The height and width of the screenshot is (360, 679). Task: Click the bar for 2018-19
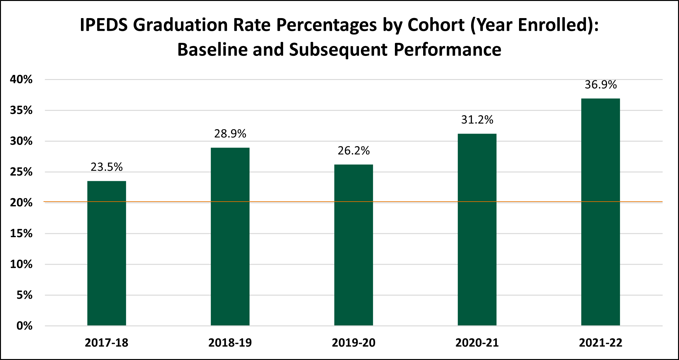point(230,237)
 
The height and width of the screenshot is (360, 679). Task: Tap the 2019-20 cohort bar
point(354,245)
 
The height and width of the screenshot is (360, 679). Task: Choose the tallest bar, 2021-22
point(601,212)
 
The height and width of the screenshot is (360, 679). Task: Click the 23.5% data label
point(107,167)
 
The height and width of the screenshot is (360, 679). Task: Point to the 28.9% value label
point(230,134)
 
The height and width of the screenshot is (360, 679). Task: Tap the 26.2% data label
point(354,150)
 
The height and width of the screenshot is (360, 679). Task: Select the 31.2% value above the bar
point(477,120)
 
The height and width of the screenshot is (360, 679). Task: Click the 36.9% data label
point(601,84)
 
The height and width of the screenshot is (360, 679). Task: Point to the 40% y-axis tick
point(21,79)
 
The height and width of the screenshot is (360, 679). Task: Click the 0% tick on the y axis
point(24,326)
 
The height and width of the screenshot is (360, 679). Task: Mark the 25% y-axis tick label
point(21,172)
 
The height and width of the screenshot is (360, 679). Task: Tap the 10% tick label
point(21,264)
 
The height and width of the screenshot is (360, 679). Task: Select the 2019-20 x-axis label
point(354,343)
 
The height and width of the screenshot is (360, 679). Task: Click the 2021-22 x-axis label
point(601,343)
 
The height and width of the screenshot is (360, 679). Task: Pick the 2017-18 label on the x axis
point(107,343)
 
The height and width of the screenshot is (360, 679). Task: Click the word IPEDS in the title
point(103,25)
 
